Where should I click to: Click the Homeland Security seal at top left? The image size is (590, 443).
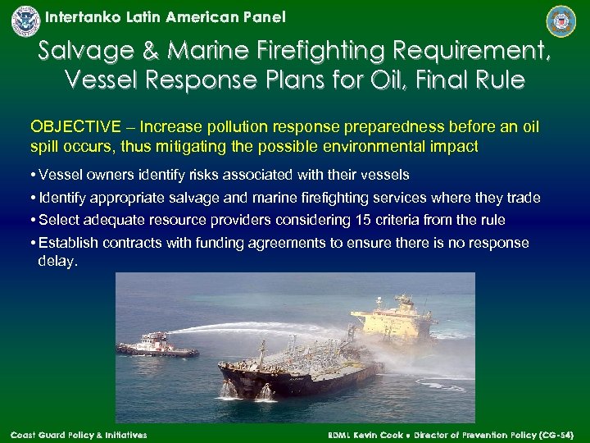(25, 21)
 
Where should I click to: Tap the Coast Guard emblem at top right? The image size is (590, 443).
(561, 21)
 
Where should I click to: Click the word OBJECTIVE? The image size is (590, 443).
(75, 127)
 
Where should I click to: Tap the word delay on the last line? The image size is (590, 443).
(57, 261)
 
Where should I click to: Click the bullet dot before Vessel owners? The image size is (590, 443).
(34, 175)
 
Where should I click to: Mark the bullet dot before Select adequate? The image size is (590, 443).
(34, 220)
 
